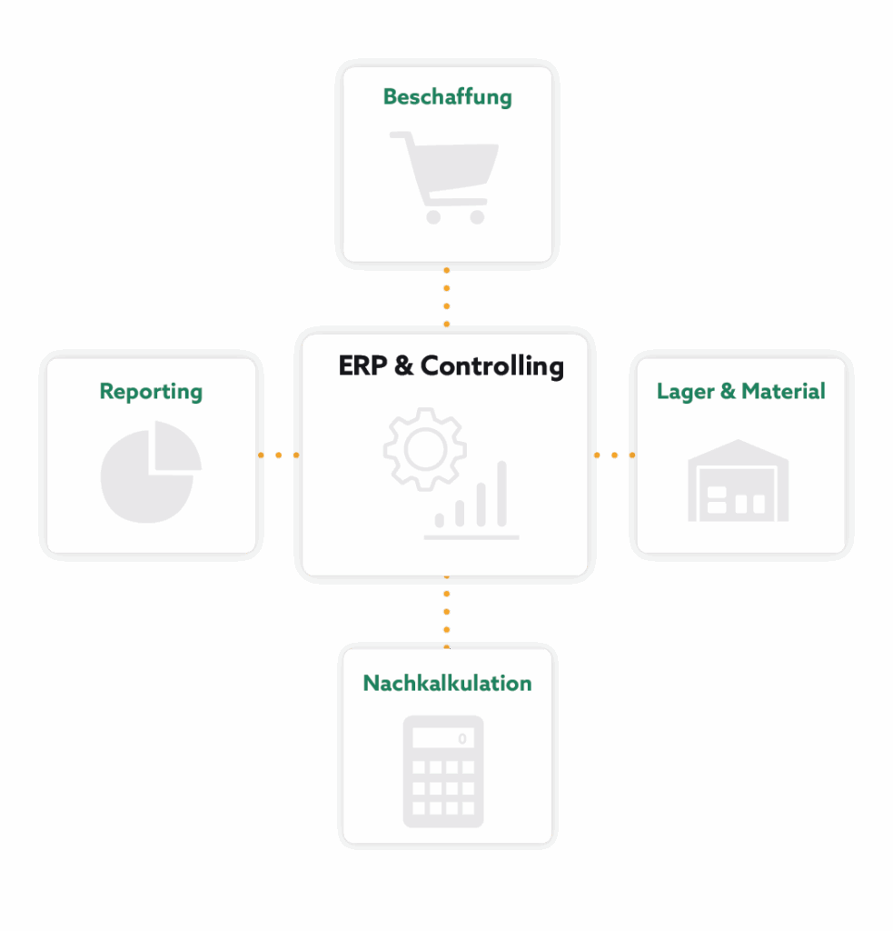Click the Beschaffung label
[x=447, y=97]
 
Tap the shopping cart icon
[x=444, y=176]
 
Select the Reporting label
[x=151, y=392]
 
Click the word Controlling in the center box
[x=492, y=366]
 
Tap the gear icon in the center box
[x=424, y=449]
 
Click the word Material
[x=783, y=392]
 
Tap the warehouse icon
[x=738, y=481]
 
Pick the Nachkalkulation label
[x=447, y=683]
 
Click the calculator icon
[x=443, y=771]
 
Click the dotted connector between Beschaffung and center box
[x=446, y=297]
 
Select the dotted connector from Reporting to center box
[x=278, y=455]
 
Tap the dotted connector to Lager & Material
[x=613, y=455]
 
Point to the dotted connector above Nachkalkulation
[x=446, y=611]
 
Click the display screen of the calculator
[x=443, y=738]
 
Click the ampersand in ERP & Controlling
[x=404, y=366]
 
